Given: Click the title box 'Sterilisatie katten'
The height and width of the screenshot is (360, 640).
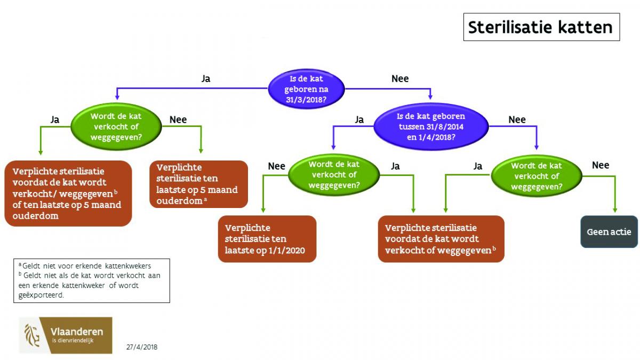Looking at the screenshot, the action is coord(541,27).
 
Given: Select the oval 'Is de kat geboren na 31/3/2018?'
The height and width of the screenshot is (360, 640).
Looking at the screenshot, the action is coord(306,89).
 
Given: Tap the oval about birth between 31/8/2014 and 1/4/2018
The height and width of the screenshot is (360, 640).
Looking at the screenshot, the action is coord(431,126).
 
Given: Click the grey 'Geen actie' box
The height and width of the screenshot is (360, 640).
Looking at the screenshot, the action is coord(609,231).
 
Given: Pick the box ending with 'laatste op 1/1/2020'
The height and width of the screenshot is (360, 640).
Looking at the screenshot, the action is coord(267,239).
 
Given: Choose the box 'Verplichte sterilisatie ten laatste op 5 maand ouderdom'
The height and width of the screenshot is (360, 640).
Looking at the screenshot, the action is coord(198,184).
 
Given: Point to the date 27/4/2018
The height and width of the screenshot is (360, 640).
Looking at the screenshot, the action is coord(142,347).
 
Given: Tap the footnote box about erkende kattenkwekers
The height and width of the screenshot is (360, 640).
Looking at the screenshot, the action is coord(92,281).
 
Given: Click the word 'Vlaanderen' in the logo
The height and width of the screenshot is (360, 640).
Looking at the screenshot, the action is coord(77,332).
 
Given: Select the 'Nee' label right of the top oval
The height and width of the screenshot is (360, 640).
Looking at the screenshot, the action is coord(400,78).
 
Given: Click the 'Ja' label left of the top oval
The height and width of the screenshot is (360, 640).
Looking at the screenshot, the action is coord(206,78).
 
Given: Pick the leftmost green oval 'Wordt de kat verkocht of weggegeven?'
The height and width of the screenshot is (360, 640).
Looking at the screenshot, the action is coord(116,126).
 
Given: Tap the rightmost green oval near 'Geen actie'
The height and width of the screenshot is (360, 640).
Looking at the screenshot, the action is coord(537,176).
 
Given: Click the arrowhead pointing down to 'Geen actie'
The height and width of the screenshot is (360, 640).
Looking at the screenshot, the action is coord(615,210).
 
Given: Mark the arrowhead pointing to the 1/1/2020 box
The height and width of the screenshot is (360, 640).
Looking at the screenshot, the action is coord(263,210).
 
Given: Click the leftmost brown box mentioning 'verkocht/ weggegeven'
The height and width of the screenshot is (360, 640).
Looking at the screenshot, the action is coord(68,194).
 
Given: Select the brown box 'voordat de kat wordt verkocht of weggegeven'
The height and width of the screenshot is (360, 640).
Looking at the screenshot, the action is coord(441,239).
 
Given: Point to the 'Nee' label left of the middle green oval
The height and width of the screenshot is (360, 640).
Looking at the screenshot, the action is coord(277,166).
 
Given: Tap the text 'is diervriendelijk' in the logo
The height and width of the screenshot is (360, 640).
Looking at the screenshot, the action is coord(73,341).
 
